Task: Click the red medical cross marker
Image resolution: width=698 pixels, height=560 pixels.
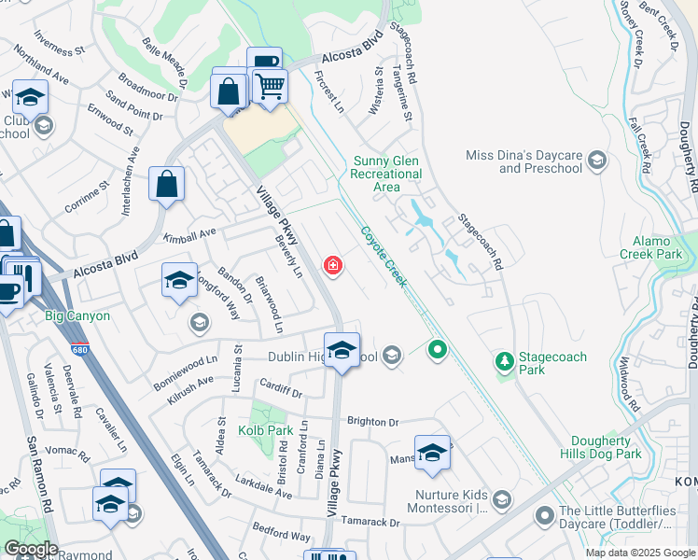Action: (332, 267)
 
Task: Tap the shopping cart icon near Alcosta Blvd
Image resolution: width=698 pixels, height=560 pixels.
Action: (270, 87)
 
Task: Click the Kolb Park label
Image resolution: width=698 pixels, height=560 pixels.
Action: (266, 430)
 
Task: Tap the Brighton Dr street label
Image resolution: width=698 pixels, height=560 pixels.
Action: (372, 422)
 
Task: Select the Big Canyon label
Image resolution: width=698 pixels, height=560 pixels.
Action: (77, 316)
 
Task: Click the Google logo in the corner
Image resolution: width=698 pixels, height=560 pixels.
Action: (31, 549)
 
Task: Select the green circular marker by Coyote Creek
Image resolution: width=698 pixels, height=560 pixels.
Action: (436, 351)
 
